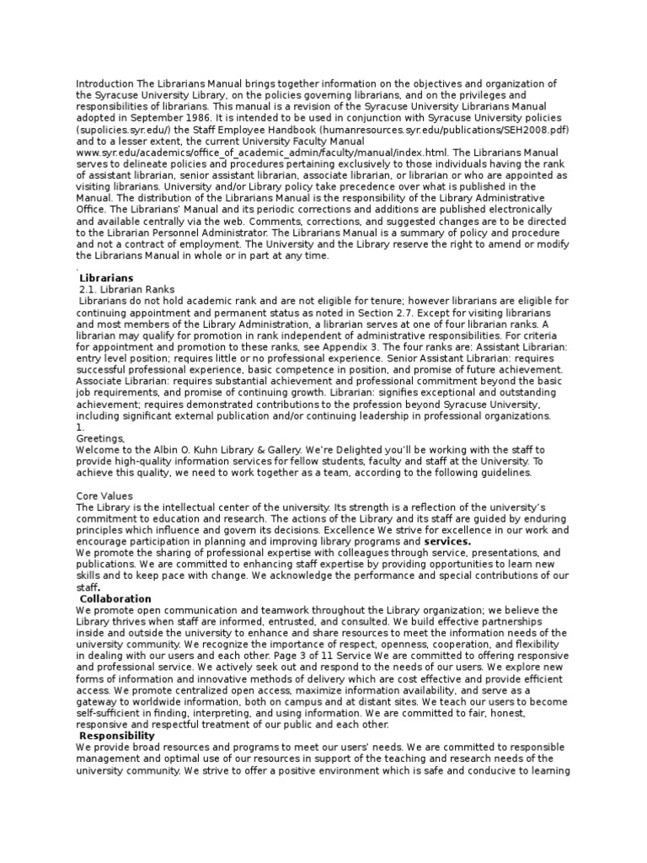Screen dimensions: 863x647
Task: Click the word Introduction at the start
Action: click(x=104, y=84)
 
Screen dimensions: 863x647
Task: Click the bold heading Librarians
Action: click(x=106, y=277)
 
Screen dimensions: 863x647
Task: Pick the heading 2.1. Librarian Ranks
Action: click(x=126, y=289)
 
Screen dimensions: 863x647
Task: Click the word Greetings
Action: click(x=99, y=439)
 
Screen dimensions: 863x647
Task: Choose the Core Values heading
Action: click(x=104, y=496)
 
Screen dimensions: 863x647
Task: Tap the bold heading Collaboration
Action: click(x=115, y=599)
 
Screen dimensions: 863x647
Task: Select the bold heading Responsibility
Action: click(x=116, y=736)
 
